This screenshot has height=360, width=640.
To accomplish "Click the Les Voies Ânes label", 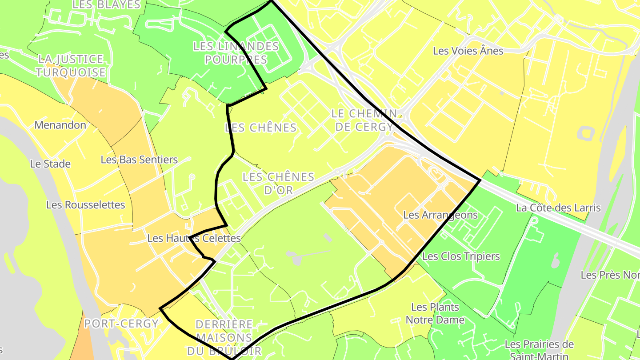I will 468,51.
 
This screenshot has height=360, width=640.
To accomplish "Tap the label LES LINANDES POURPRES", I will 236,53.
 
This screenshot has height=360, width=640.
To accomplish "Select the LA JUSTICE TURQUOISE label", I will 71,66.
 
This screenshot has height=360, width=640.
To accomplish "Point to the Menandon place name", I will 60,125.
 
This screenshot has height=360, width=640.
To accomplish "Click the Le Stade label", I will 50,164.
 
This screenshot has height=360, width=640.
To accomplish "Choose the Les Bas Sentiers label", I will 139,160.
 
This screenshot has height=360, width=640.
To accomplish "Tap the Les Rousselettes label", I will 86,205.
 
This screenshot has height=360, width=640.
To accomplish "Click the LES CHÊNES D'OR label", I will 279,183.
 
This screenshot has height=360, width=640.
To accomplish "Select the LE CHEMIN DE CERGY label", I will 364,120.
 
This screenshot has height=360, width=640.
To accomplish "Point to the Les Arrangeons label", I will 440,215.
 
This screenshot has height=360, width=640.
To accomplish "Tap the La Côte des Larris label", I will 558,208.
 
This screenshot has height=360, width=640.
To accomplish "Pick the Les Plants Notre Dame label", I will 435,313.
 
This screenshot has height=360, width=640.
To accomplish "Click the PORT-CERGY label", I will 121,323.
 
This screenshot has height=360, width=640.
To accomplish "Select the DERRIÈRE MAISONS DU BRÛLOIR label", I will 224,337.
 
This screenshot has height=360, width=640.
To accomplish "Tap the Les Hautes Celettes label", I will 194,238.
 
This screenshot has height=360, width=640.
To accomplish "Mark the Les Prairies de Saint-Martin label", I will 539,350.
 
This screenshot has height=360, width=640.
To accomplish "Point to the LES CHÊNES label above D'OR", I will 261,128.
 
